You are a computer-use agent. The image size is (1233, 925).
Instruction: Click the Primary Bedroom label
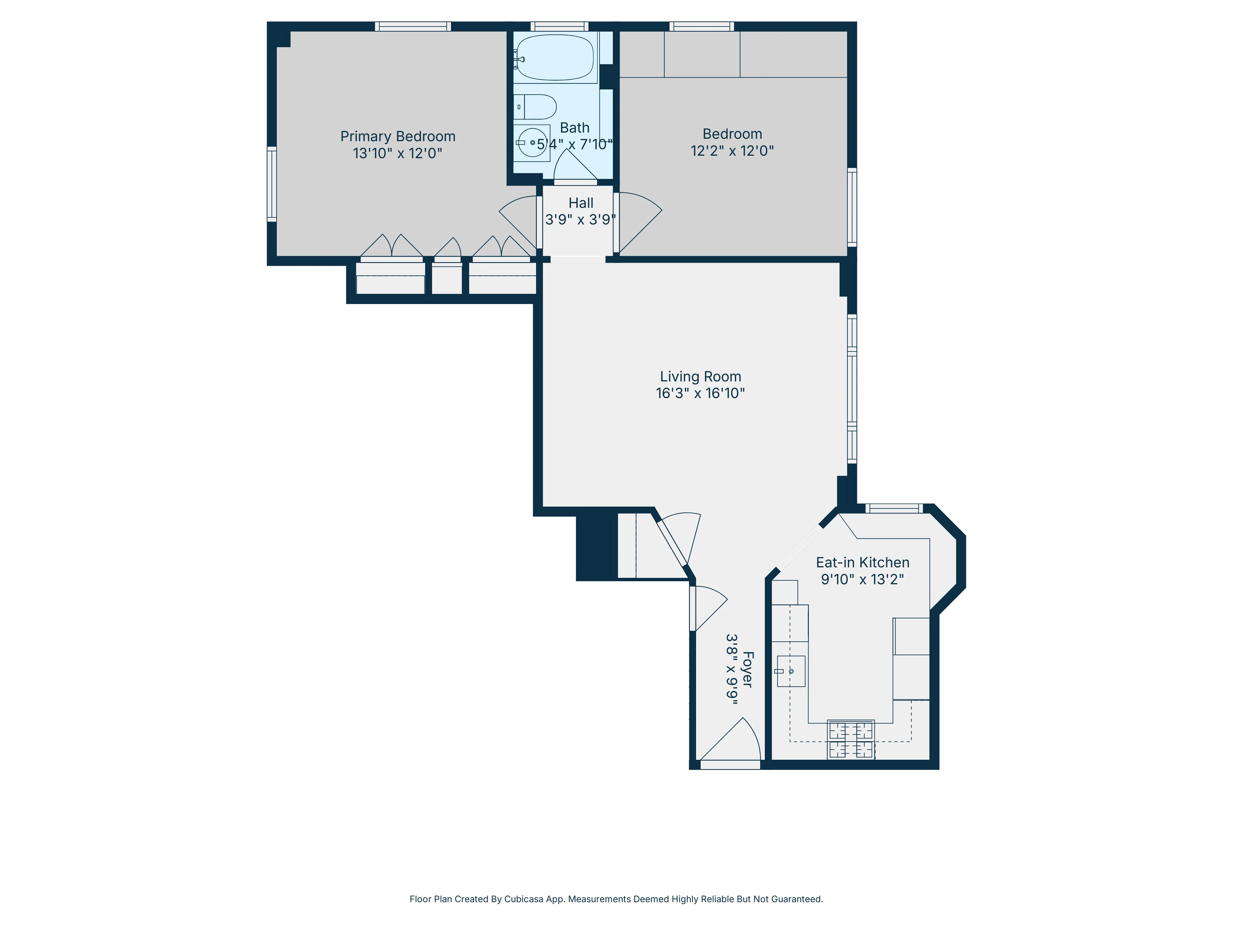[x=397, y=137]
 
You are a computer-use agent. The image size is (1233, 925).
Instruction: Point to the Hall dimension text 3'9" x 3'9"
[x=580, y=220]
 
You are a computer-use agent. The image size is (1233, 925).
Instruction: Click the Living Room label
[x=700, y=377]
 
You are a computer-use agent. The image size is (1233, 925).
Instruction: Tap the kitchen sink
[x=791, y=671]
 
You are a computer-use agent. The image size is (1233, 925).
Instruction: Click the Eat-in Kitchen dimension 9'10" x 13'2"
[x=862, y=579]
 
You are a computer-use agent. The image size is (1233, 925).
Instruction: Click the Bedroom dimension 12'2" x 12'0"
[x=732, y=150]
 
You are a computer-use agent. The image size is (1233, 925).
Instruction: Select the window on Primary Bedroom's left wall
[x=272, y=184]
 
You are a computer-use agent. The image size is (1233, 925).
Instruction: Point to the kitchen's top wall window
[x=894, y=508]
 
